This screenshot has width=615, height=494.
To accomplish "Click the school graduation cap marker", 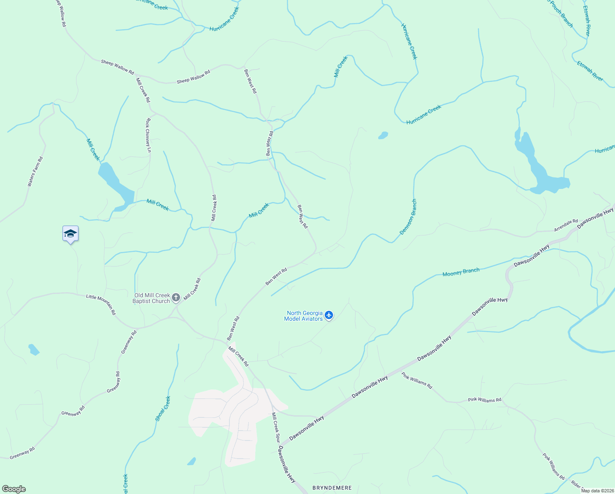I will click(x=70, y=234).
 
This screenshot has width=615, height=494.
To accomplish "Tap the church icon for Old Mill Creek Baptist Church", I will click(x=176, y=298).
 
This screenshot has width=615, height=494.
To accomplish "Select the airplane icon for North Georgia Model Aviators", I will click(x=328, y=315).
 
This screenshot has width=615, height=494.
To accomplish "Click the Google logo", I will click(x=14, y=489).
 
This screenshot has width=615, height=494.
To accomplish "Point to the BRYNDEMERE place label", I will click(x=332, y=488).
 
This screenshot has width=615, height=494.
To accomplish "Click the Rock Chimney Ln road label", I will click(x=148, y=135).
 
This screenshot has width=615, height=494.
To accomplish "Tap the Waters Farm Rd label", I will click(x=35, y=172).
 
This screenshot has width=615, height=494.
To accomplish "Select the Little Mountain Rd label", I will click(x=101, y=305).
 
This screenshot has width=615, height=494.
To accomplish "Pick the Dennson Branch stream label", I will click(x=408, y=217).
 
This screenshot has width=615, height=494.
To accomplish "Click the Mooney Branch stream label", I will click(x=461, y=272).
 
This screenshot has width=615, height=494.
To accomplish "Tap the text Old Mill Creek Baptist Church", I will click(x=152, y=298).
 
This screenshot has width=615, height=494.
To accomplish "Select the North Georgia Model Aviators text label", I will click(x=304, y=316).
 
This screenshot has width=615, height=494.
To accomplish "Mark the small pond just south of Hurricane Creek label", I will click(x=383, y=135).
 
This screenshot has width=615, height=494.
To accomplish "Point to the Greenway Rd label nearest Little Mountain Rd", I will click(x=129, y=342).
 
